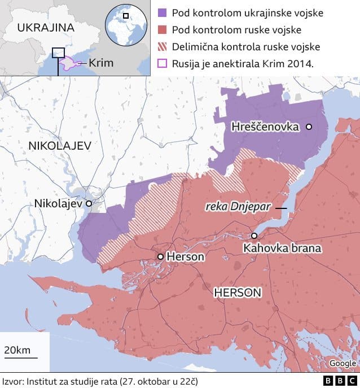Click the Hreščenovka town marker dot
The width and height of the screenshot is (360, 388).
click(x=309, y=127)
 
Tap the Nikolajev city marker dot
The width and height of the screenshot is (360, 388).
click(x=89, y=203)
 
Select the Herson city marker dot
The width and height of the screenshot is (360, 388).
click(x=161, y=256)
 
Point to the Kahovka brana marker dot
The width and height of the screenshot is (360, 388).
click(x=254, y=236)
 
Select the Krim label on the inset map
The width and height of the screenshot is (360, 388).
click(x=100, y=63)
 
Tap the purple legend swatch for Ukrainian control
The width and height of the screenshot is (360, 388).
click(x=162, y=12)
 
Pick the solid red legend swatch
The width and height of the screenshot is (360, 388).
click(x=162, y=29)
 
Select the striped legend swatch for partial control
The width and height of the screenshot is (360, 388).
click(x=162, y=46)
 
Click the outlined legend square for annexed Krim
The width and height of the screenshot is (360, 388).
click(x=162, y=63)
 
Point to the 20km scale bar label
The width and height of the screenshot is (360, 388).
click(x=17, y=350)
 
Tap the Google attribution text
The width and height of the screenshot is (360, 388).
click(x=343, y=363)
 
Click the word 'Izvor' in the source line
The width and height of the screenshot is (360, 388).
click(x=12, y=381)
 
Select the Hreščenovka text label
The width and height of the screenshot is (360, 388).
click(x=265, y=127)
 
